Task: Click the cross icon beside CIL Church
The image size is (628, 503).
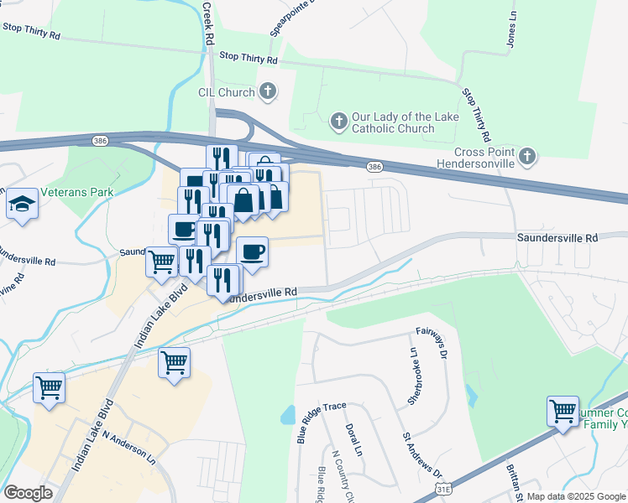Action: click(268, 91)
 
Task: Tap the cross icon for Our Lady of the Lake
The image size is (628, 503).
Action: click(338, 122)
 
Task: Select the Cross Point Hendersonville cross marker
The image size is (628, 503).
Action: click(526, 156)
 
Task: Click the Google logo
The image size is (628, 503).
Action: click(28, 493)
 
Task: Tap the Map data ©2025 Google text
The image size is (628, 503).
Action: click(575, 496)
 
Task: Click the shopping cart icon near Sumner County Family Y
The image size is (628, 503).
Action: click(563, 411)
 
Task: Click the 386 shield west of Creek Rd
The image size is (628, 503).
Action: click(101, 140)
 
